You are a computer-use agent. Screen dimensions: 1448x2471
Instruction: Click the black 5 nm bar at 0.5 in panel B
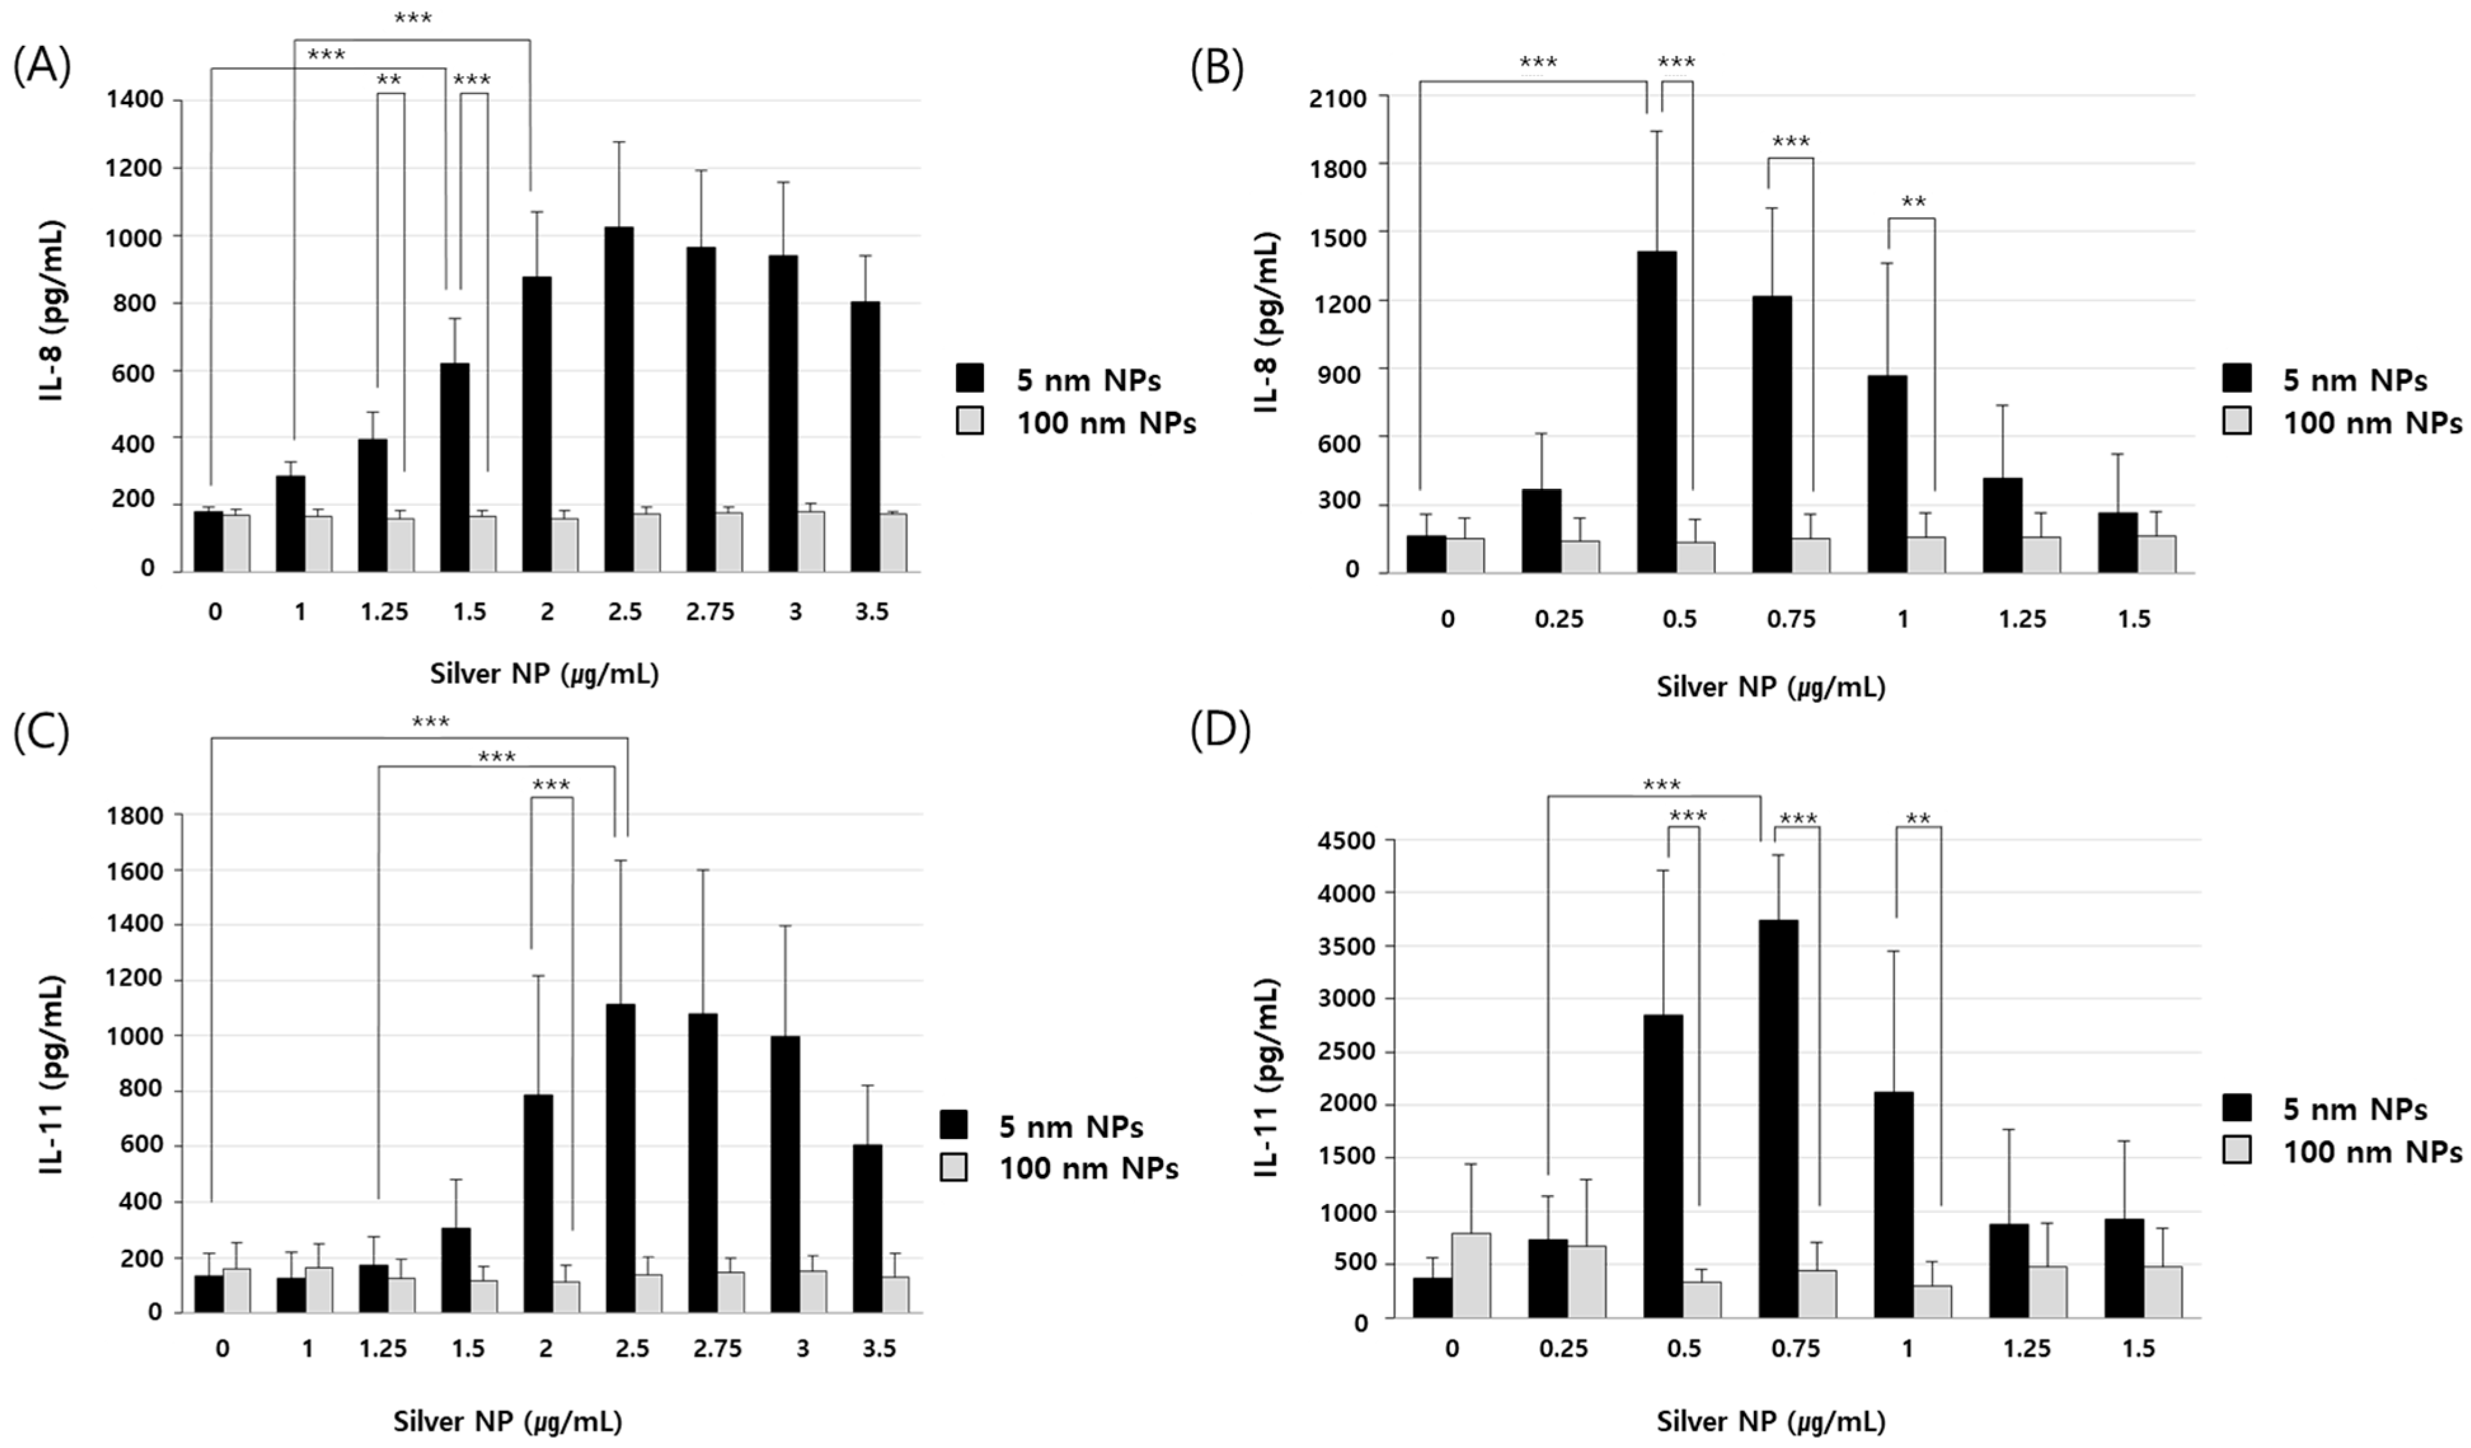pos(1656,412)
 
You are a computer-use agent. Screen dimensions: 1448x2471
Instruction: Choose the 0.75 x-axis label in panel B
pos(1791,619)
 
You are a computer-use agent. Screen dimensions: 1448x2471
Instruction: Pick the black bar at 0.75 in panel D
pos(1778,1118)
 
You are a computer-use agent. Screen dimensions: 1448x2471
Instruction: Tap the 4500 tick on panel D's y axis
pos(1349,841)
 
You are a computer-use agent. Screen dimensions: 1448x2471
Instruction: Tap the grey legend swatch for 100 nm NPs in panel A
pos(970,422)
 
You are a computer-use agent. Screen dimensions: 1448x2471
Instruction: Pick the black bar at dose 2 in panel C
pos(537,1203)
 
